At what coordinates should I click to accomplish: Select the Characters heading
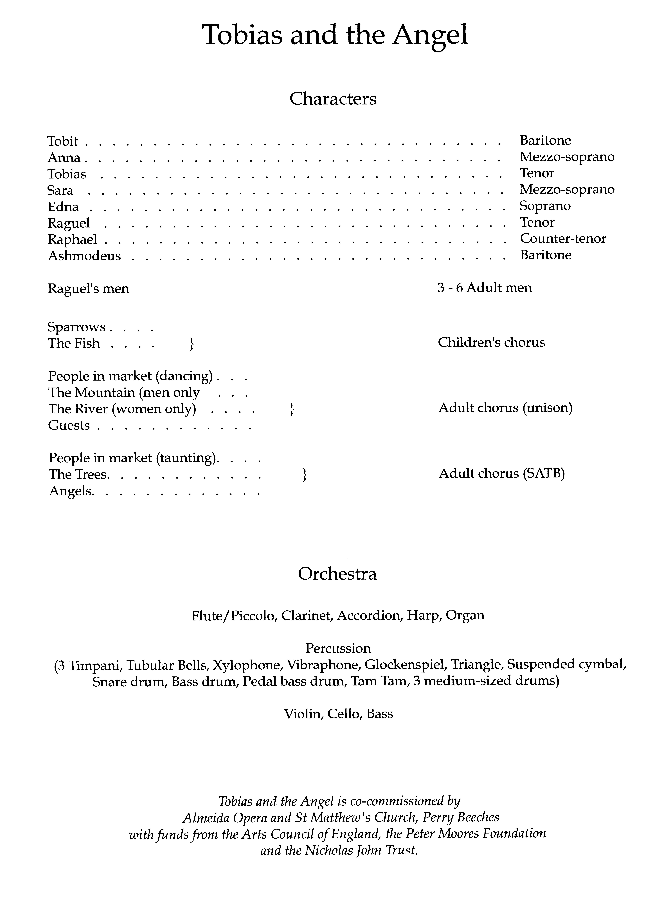coord(333,99)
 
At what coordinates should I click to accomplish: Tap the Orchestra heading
coord(337,574)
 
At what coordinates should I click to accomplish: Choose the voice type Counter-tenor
coord(563,238)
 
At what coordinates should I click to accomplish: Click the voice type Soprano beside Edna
coord(545,206)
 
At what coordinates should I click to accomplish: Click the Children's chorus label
coord(491,342)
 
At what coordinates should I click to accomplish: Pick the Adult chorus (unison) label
coord(505,408)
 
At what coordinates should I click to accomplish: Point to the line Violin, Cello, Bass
coord(338,714)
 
